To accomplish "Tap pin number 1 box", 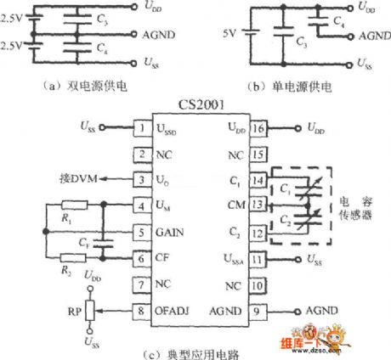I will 139,128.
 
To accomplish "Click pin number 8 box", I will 139,312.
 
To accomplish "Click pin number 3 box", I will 139,181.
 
